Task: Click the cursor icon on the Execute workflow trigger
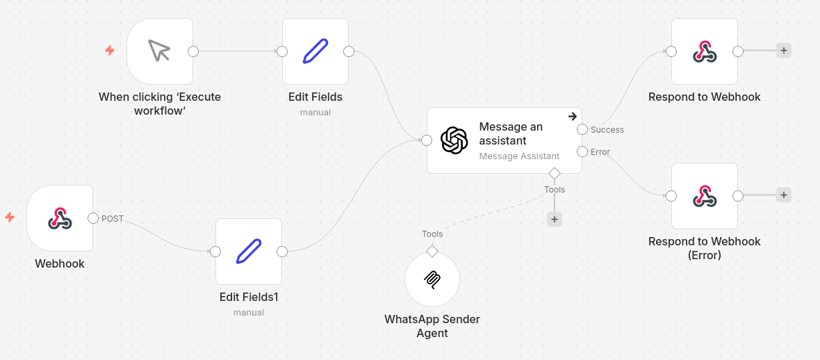pyautogui.click(x=159, y=51)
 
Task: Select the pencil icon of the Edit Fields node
pyautogui.click(x=315, y=51)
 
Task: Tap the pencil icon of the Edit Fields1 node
pyautogui.click(x=248, y=251)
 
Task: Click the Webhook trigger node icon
pyautogui.click(x=60, y=218)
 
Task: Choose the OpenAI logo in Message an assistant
pyautogui.click(x=454, y=140)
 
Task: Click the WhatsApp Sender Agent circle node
pyautogui.click(x=432, y=279)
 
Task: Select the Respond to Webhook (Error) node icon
pyautogui.click(x=705, y=196)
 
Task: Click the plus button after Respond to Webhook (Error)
pyautogui.click(x=783, y=195)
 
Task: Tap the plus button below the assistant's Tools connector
pyautogui.click(x=554, y=219)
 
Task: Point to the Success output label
pyautogui.click(x=607, y=130)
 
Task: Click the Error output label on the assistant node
pyautogui.click(x=600, y=152)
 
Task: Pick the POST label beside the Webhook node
pyautogui.click(x=113, y=219)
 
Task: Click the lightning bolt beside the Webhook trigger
pyautogui.click(x=10, y=218)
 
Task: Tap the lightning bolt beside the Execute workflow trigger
pyautogui.click(x=110, y=51)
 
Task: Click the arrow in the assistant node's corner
pyautogui.click(x=573, y=116)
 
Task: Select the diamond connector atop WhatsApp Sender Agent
pyautogui.click(x=432, y=250)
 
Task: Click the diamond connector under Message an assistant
pyautogui.click(x=554, y=173)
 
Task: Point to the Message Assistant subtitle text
pyautogui.click(x=519, y=156)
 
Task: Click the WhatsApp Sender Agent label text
pyautogui.click(x=432, y=326)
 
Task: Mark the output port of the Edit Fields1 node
pyautogui.click(x=282, y=252)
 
